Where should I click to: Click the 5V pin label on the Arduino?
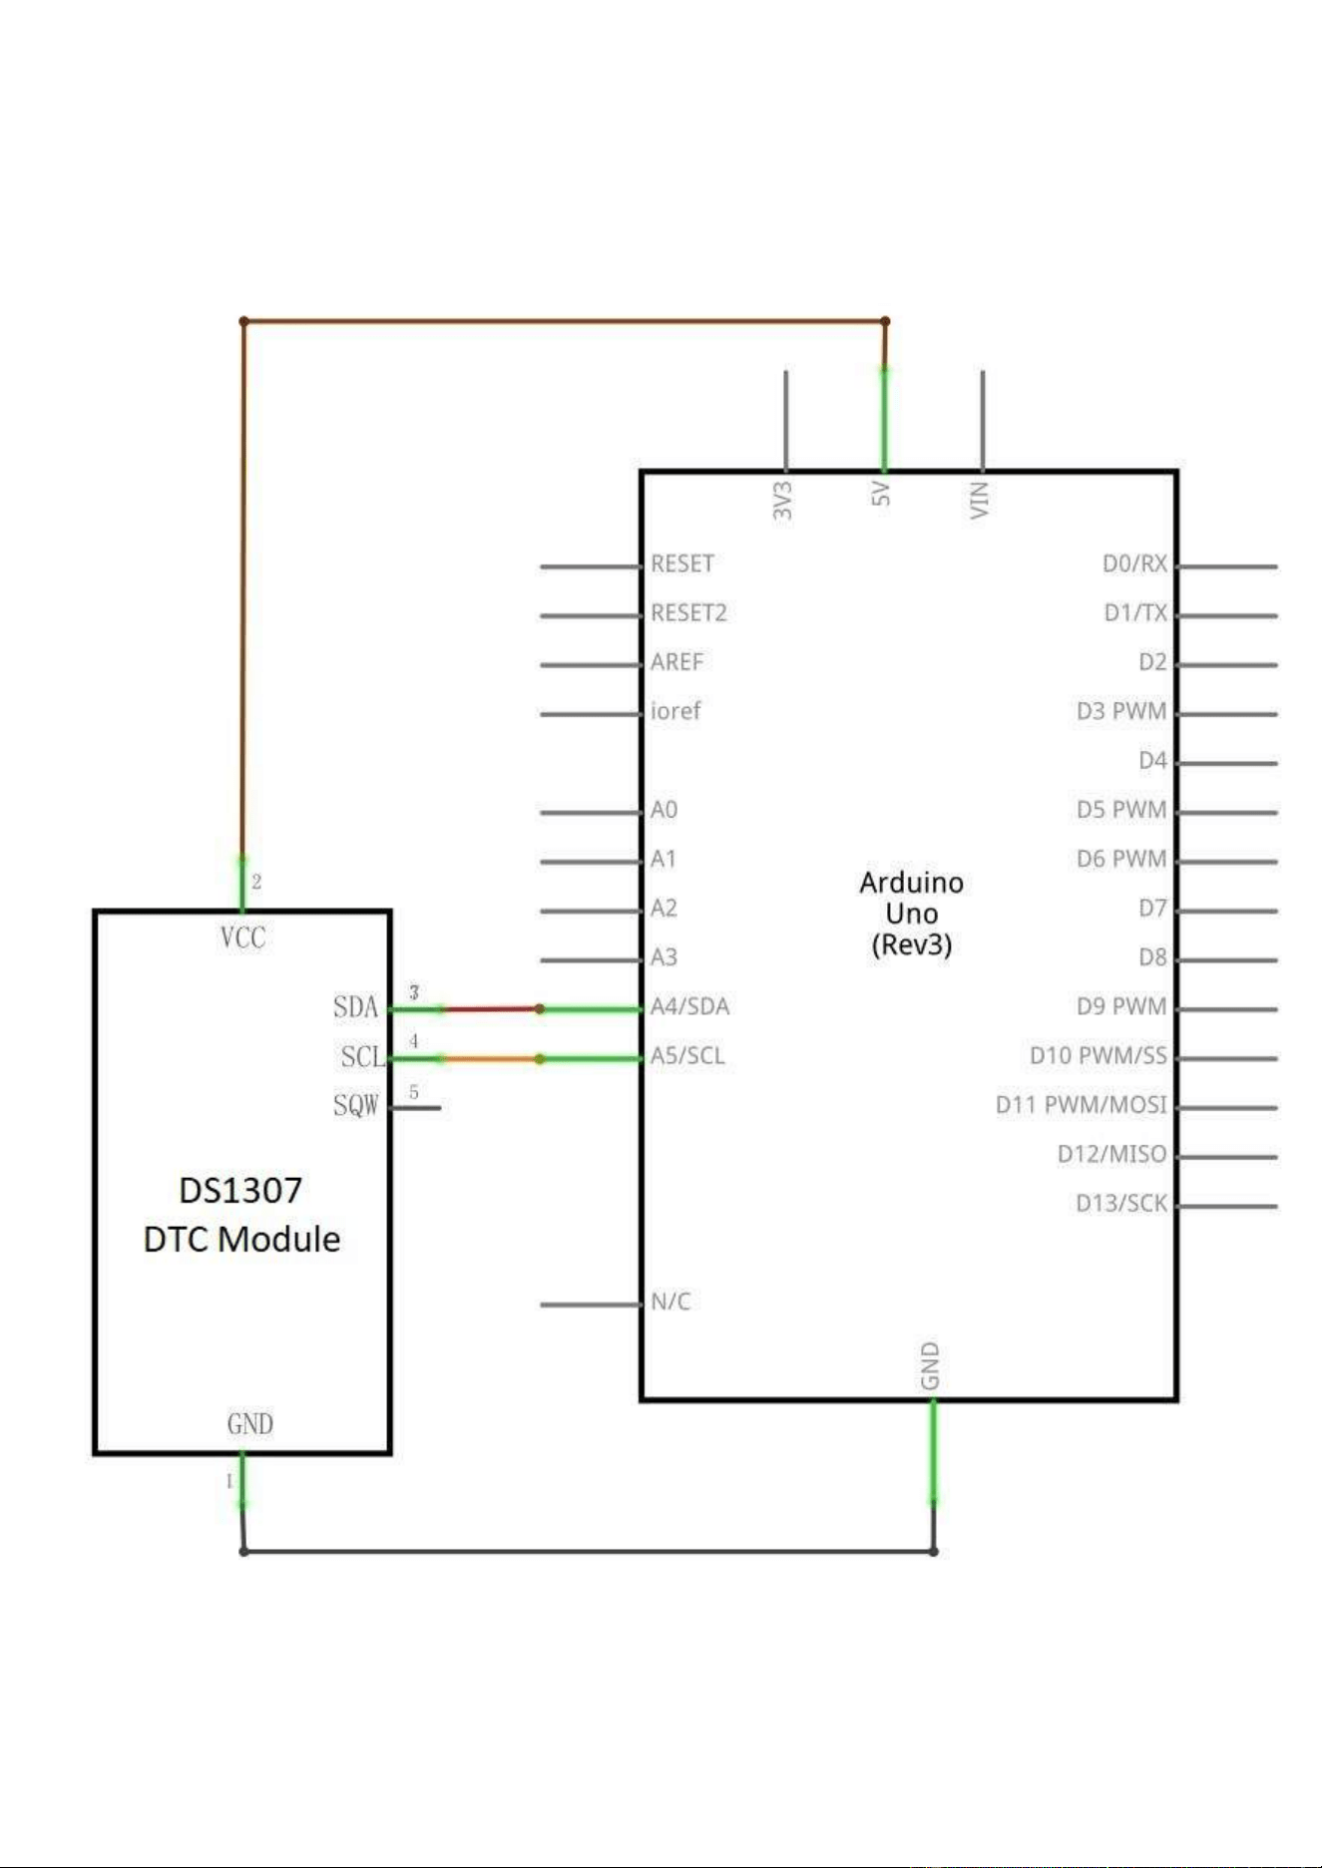click(x=881, y=494)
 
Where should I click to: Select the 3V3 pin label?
click(x=783, y=501)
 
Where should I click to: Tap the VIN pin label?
click(x=980, y=500)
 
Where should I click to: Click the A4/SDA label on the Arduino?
click(x=689, y=1006)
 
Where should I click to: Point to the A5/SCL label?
click(x=687, y=1055)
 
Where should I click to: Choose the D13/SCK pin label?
click(x=1120, y=1203)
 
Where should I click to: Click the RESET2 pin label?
click(x=688, y=612)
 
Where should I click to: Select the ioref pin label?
click(x=675, y=711)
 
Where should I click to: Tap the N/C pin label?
click(x=670, y=1302)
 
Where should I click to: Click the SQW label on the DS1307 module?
click(x=356, y=1105)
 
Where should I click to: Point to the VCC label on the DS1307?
click(x=242, y=937)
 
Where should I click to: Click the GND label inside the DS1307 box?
click(x=249, y=1423)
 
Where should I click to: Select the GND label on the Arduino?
click(x=930, y=1366)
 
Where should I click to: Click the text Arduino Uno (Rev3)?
click(x=912, y=913)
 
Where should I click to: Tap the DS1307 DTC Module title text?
click(x=241, y=1215)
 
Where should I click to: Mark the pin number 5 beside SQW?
click(x=414, y=1092)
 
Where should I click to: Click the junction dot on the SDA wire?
click(x=540, y=1009)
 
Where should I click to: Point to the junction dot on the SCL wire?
click(x=540, y=1058)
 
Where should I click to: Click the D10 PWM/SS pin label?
click(x=1098, y=1055)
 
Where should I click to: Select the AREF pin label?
click(x=676, y=661)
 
